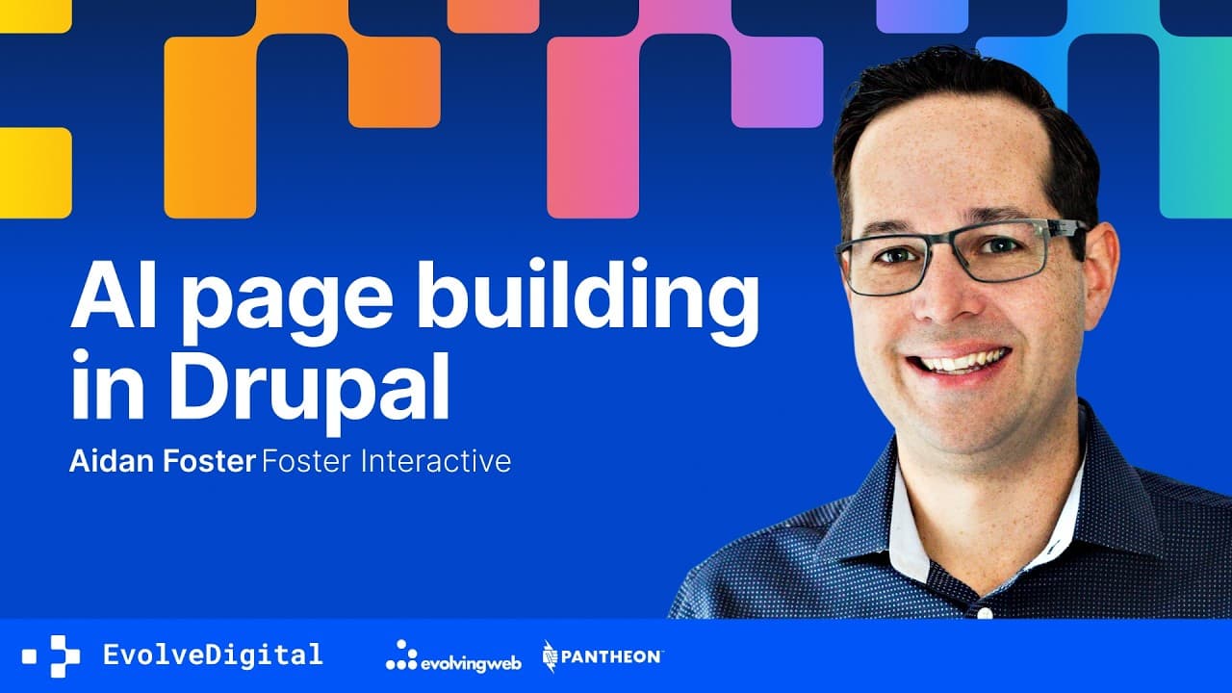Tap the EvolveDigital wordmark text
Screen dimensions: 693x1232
click(x=213, y=655)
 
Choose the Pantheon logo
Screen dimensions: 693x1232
click(x=603, y=656)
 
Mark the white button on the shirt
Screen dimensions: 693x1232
click(x=984, y=612)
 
